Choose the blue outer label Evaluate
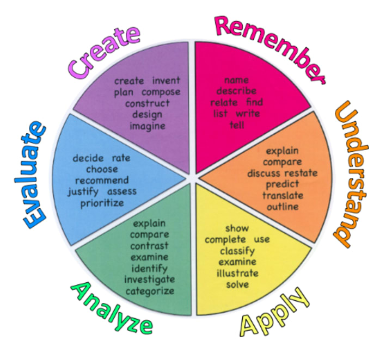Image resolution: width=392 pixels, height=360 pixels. tap(35, 173)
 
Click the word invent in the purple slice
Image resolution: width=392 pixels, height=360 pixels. tap(166, 81)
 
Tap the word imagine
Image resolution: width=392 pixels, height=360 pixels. tap(147, 126)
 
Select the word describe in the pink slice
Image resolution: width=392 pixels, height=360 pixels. tap(236, 91)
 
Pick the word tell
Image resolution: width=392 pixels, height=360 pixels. tap(236, 125)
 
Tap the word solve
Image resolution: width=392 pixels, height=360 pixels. tap(237, 284)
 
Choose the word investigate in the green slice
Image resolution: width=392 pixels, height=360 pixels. tap(150, 280)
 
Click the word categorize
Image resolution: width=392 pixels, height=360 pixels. tap(150, 291)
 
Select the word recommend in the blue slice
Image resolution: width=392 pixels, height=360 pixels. tap(102, 181)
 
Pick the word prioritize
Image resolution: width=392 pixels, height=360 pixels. tap(102, 203)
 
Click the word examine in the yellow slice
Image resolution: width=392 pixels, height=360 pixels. tap(237, 262)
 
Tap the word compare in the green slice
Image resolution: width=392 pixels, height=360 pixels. tap(149, 234)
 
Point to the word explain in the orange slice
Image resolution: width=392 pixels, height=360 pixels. tap(282, 151)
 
